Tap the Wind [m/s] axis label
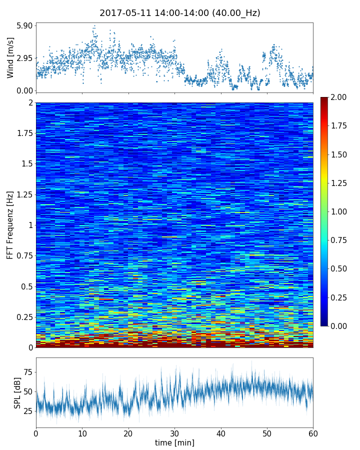pyautogui.click(x=10, y=57)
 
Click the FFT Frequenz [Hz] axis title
pyautogui.click(x=10, y=225)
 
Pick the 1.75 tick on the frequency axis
pyautogui.click(x=23, y=133)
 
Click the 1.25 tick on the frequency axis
pyautogui.click(x=23, y=194)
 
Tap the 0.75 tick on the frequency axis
pyautogui.click(x=23, y=256)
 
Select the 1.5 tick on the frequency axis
pyautogui.click(x=26, y=164)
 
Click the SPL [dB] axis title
pyautogui.click(x=17, y=392)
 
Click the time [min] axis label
pyautogui.click(x=174, y=442)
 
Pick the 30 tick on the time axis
pyautogui.click(x=174, y=432)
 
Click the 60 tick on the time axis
pyautogui.click(x=313, y=432)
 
